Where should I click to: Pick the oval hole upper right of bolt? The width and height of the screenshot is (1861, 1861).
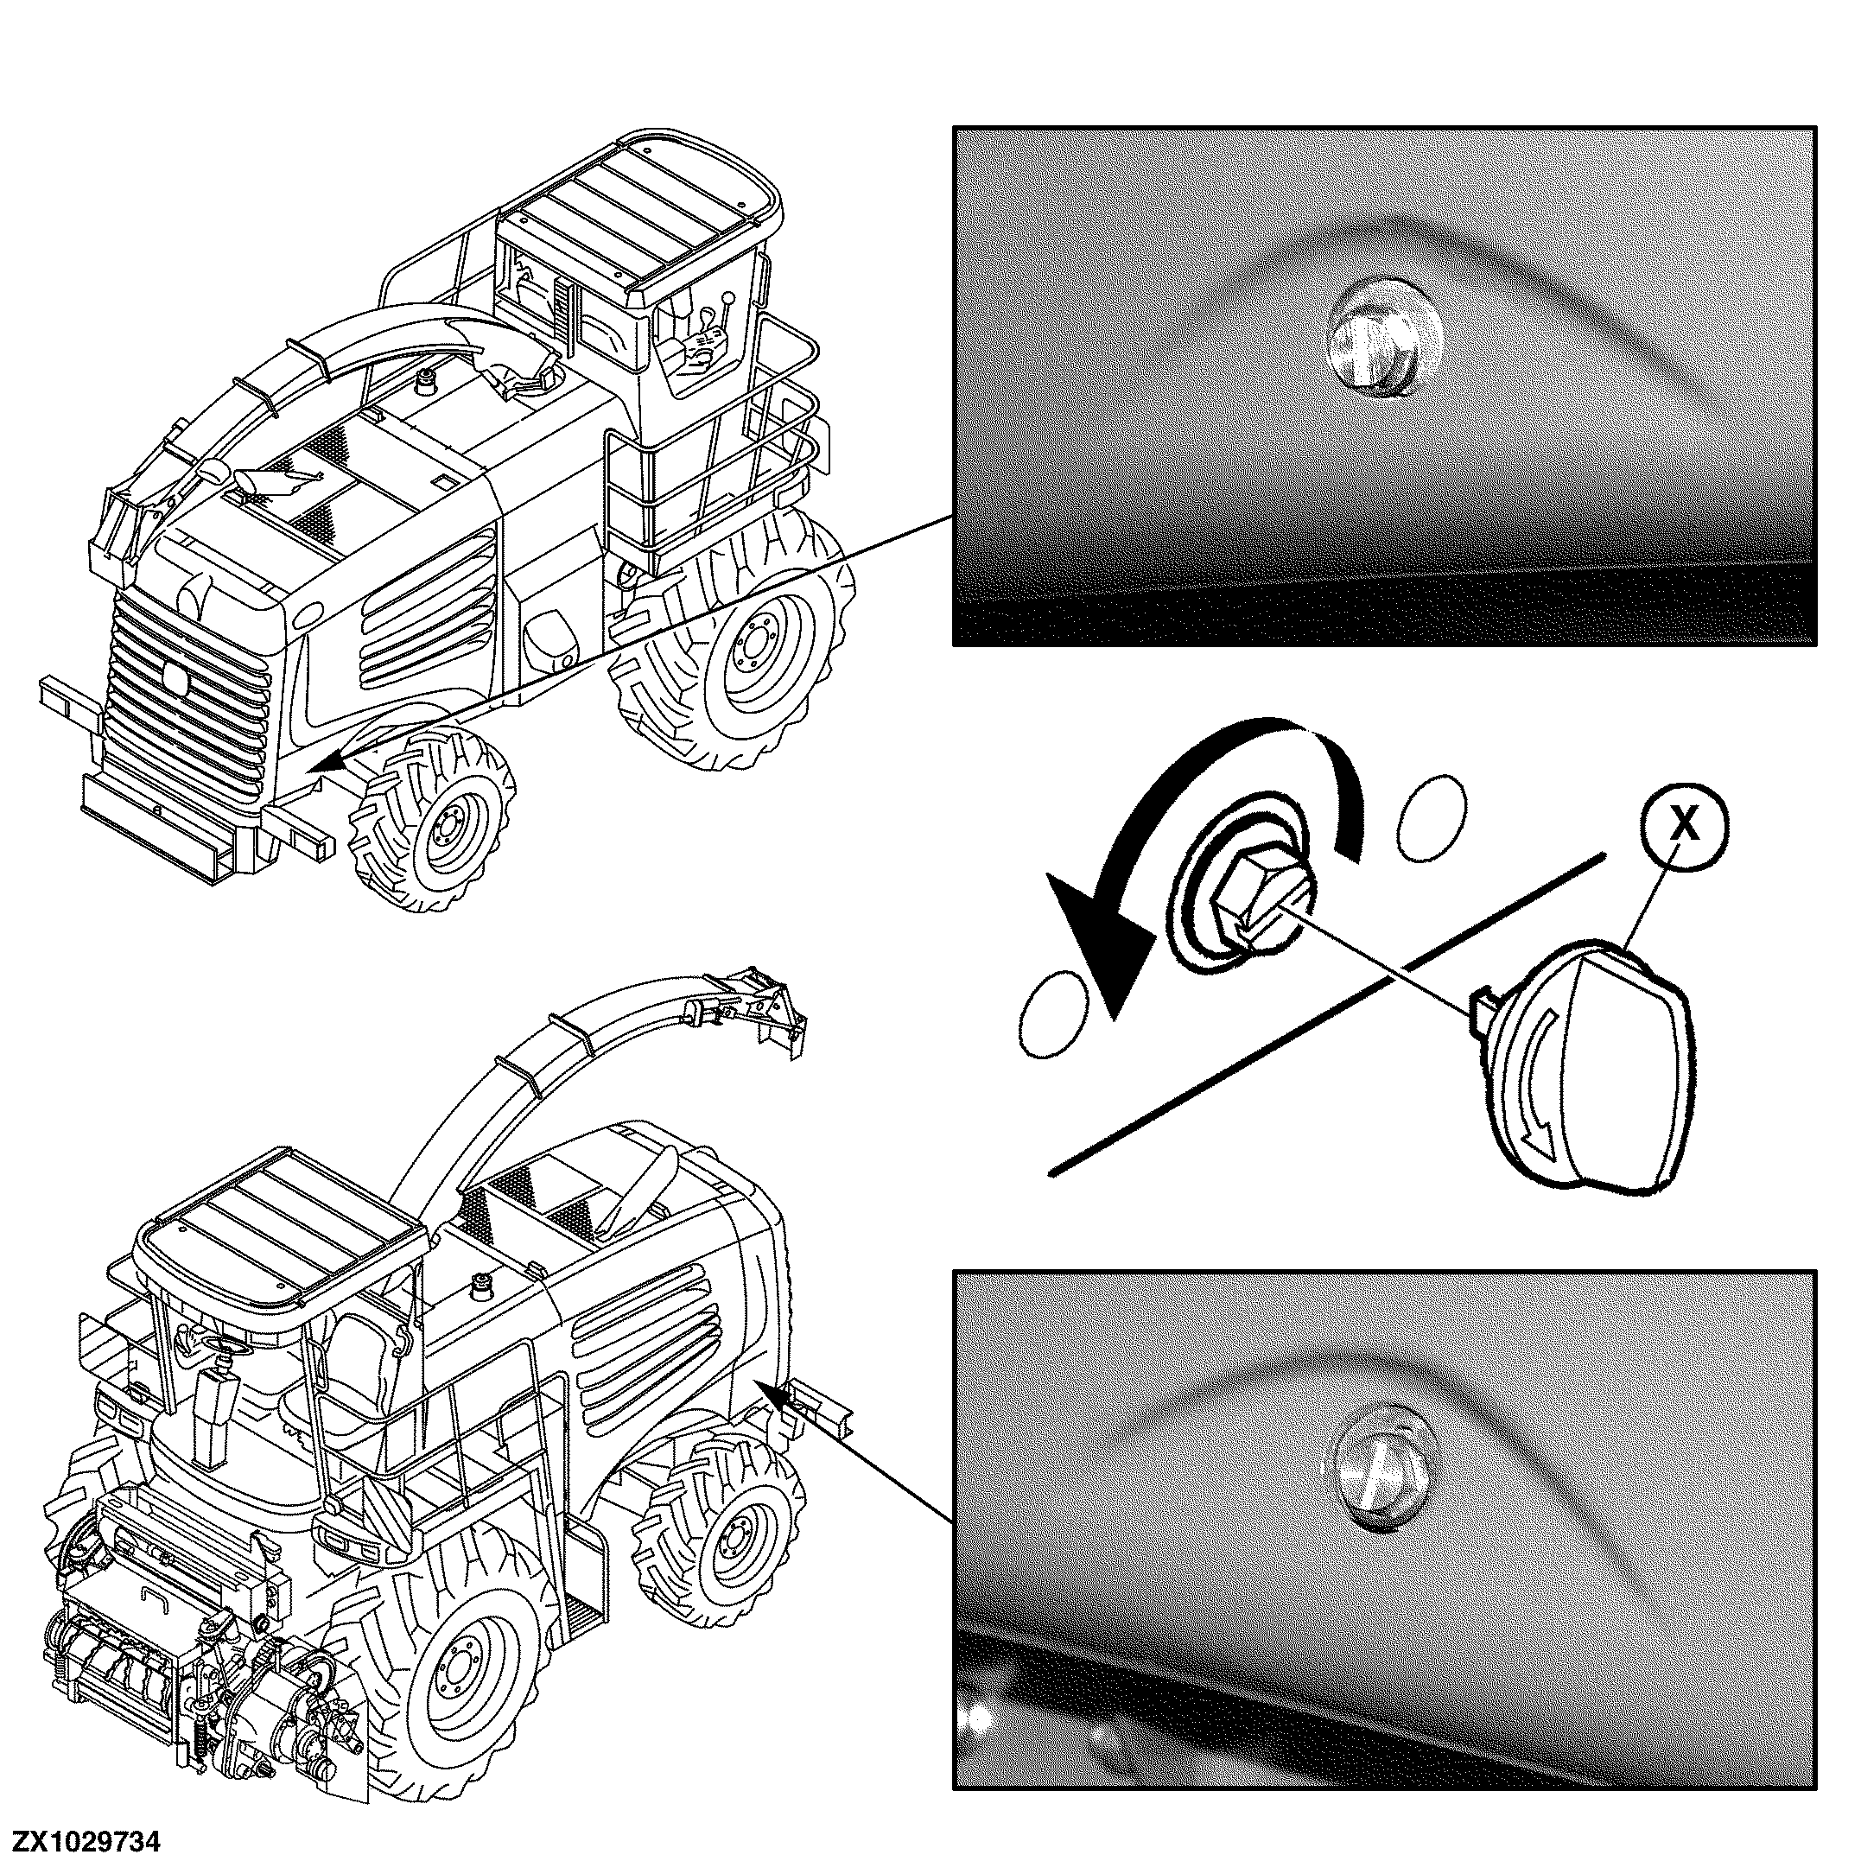[x=1432, y=816]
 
